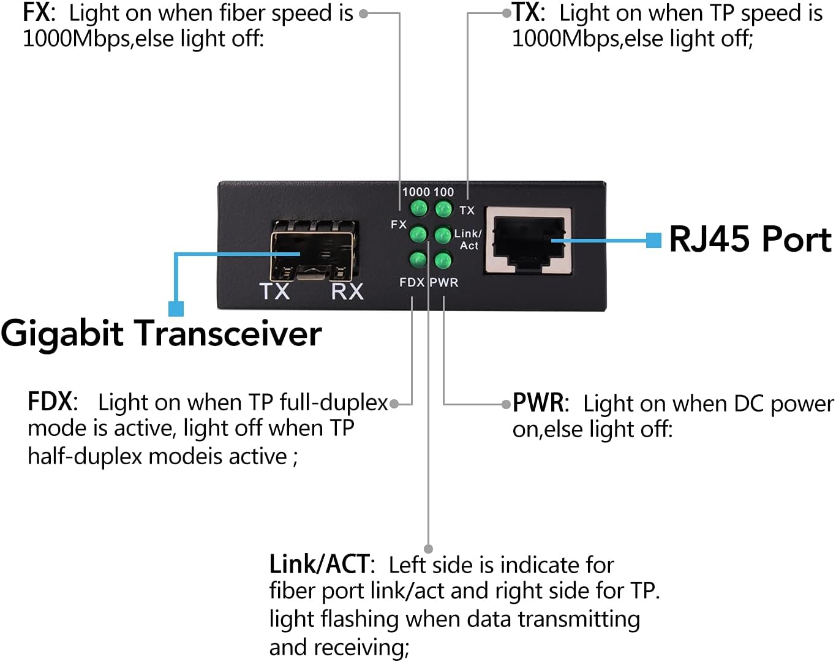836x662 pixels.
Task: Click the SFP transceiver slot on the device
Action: [313, 251]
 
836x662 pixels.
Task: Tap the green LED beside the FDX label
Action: [418, 260]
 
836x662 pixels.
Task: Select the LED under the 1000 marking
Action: [419, 209]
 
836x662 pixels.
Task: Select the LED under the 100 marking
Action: [443, 209]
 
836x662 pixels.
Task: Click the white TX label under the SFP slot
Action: [274, 291]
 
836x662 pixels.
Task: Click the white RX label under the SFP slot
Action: [347, 291]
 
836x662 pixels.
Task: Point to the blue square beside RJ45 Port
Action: [653, 240]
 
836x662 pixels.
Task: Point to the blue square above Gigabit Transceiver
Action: [176, 308]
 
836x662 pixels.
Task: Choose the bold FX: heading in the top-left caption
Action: [39, 13]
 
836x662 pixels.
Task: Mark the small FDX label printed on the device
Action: [412, 282]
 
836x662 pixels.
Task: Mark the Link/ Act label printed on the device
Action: [468, 239]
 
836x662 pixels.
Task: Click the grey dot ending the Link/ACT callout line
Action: [429, 549]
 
